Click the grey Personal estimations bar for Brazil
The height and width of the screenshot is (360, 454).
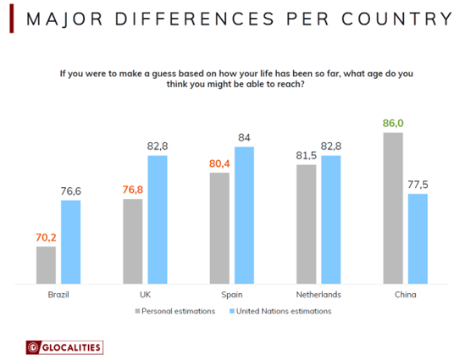point(46,264)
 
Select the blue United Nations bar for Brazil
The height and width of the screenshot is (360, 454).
point(70,241)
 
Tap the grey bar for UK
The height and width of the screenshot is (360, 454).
point(133,241)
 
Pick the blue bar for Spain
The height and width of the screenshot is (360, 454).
point(244,215)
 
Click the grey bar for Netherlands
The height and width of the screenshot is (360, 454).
point(307,224)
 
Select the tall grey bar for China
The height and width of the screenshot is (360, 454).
point(393,208)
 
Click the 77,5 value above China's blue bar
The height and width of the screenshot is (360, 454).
point(418,185)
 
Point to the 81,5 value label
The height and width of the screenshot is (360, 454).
point(307,155)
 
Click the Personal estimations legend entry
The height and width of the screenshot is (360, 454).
point(174,311)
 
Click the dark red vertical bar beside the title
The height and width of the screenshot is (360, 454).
point(9,19)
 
